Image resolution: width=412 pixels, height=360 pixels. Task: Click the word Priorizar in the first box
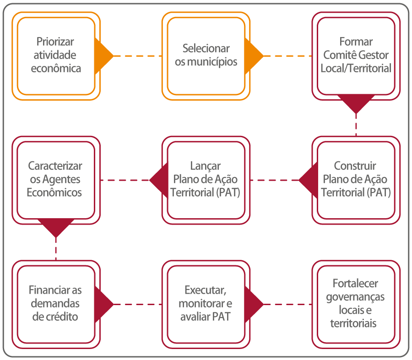[x=55, y=42]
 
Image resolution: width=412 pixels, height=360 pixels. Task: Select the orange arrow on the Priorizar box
[x=103, y=56]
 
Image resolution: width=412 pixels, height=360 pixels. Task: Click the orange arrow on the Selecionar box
[x=253, y=56]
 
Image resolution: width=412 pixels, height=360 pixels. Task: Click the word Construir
[x=355, y=166]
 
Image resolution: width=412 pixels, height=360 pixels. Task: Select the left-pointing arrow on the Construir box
[x=308, y=180]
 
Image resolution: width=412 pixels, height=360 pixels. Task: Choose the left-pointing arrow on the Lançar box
[x=158, y=180]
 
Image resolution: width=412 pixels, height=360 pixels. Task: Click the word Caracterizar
[x=55, y=166]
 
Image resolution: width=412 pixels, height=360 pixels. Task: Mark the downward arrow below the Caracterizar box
[x=55, y=227]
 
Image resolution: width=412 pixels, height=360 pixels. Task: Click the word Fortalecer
[x=355, y=283]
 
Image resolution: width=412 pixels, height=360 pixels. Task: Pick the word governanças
[x=355, y=296]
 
